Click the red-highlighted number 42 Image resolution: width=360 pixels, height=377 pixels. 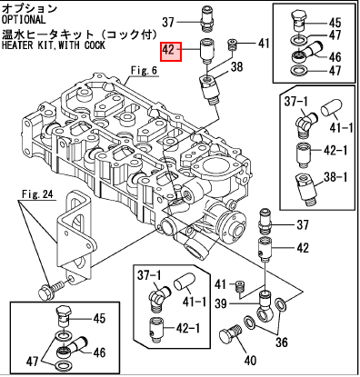coord(168,49)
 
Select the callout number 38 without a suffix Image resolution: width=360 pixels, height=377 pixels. coord(236,66)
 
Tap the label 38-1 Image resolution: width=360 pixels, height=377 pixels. coord(335,177)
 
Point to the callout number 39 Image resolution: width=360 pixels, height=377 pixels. coord(221,303)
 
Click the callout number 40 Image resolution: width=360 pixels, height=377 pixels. coord(250,361)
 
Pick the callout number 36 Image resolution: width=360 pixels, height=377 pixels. coord(281,342)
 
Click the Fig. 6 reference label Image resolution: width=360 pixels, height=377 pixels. coord(145,70)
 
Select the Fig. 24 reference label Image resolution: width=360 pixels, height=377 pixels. coord(37,193)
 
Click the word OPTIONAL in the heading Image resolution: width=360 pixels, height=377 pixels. coord(24,20)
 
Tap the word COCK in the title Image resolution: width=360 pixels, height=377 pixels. coord(95,45)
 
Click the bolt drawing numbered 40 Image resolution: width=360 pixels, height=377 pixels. coord(230,334)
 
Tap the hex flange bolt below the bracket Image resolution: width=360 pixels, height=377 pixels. coord(51,290)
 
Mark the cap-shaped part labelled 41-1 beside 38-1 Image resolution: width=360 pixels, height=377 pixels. coord(331,108)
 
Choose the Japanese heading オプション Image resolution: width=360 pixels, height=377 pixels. coord(29,8)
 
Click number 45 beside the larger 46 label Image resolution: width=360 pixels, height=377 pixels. coord(335,22)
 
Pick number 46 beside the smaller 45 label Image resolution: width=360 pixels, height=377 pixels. coord(99,352)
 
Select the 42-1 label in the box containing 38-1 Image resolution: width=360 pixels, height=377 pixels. coord(335,150)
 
